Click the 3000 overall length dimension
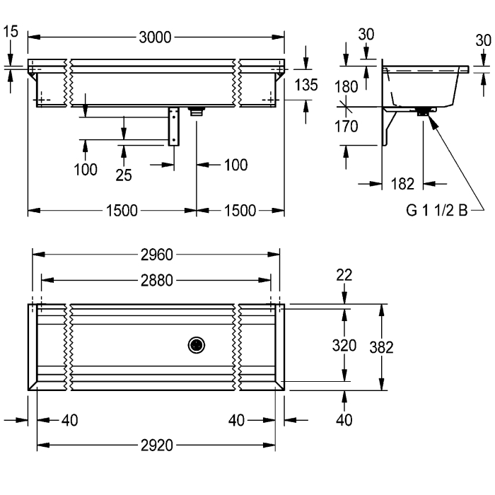pos(155,37)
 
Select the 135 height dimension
pos(306,85)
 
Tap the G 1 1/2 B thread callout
pos(436,210)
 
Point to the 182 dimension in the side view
pos(402,184)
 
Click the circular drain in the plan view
pos(197,345)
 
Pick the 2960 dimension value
pos(156,255)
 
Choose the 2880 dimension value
pos(156,280)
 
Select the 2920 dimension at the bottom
pos(156,445)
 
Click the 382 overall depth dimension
pos(381,347)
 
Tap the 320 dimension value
pos(344,345)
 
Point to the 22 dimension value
pos(344,275)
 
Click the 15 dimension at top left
pos(11,32)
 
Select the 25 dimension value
pos(124,175)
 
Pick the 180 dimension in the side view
pos(346,86)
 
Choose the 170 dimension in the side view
pos(346,127)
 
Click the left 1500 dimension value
pos(122,211)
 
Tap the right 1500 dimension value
pos(240,211)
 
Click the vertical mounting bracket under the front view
pos(174,127)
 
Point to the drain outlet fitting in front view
pos(197,112)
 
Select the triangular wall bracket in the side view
pos(389,127)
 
